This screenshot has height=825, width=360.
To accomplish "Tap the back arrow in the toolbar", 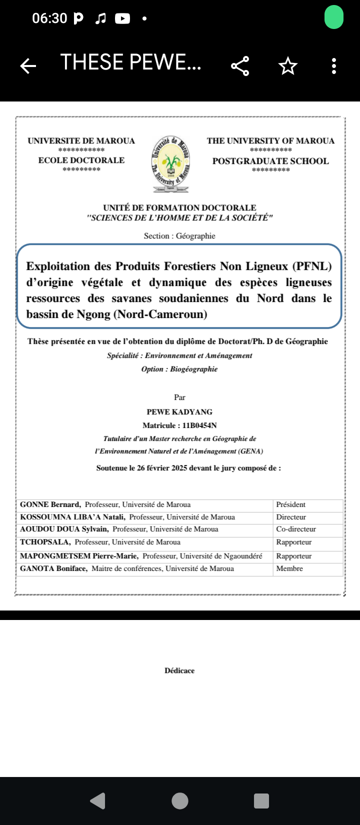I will [x=28, y=65].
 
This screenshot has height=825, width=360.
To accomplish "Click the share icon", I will [x=240, y=65].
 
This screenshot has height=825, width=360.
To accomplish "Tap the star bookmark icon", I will [x=287, y=65].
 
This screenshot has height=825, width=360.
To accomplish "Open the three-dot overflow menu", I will [x=334, y=65].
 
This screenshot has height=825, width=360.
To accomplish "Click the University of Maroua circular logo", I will [x=171, y=163].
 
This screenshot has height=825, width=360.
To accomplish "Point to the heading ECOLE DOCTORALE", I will [x=81, y=160].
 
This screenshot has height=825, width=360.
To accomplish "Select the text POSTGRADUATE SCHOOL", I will [x=270, y=161].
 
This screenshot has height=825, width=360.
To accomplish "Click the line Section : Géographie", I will [x=179, y=236].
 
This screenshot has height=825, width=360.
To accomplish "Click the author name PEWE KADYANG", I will [x=179, y=412].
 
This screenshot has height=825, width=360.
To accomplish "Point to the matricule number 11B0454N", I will [x=199, y=425].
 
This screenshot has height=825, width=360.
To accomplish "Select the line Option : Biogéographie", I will [x=179, y=369].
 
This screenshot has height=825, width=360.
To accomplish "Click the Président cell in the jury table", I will [x=290, y=505].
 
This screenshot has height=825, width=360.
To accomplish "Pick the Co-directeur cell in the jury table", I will [x=296, y=529].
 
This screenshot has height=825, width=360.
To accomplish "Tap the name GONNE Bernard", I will [x=50, y=505].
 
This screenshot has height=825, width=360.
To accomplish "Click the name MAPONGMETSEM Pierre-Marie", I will [x=79, y=556].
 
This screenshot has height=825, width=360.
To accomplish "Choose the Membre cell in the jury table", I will [x=289, y=568].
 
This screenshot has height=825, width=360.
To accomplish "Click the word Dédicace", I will [x=179, y=670].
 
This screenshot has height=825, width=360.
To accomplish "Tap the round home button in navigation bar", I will [x=180, y=800].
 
